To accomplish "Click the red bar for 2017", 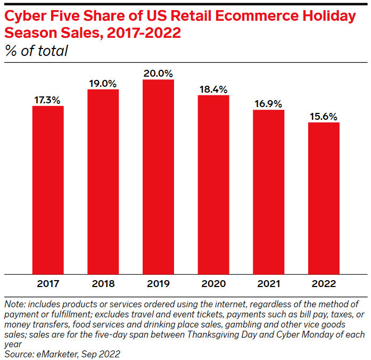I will point(48,190).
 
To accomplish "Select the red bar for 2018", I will point(103,181).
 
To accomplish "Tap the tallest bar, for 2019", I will point(158,176).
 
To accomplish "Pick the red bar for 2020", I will point(213,184).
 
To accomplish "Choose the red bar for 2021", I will point(268,192).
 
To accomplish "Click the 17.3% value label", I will point(48,100).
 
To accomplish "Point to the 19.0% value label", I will point(103,83).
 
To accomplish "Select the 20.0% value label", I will point(158,73).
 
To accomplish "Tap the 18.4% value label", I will point(213,89).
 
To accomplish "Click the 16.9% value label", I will point(268,104).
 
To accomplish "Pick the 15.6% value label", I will point(324,117).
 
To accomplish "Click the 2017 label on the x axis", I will point(48,283).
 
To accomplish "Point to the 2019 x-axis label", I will point(158,283).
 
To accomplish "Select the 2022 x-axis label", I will point(324,283).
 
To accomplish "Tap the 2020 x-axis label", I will point(213,283).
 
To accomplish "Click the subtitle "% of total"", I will point(36,51).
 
